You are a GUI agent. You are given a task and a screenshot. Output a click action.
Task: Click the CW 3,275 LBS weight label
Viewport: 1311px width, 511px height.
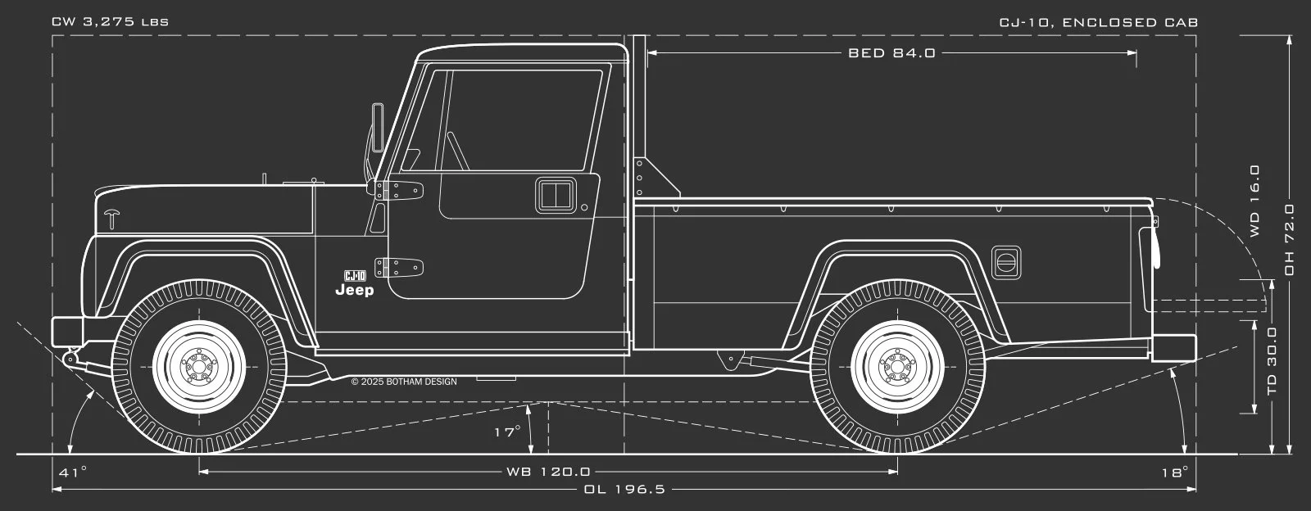click(110, 22)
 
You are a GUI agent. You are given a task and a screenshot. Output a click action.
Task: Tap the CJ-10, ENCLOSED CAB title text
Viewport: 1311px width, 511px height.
click(1099, 22)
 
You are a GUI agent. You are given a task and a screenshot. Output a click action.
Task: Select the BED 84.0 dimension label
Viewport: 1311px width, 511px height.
click(892, 53)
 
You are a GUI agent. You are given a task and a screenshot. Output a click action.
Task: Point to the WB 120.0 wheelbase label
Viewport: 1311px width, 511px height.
click(548, 471)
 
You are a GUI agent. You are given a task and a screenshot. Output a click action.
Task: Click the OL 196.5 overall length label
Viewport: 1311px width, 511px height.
click(624, 489)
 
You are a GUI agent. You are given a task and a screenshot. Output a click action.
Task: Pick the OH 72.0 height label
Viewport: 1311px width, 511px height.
click(1289, 240)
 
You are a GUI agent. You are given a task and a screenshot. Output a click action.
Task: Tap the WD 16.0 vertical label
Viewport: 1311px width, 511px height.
click(1254, 201)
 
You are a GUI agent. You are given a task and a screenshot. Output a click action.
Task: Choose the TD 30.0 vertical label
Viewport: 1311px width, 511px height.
click(1272, 361)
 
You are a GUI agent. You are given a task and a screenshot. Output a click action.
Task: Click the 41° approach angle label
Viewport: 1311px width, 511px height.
click(73, 472)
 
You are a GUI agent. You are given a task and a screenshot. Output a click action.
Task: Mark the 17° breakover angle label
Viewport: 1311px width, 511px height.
click(507, 432)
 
